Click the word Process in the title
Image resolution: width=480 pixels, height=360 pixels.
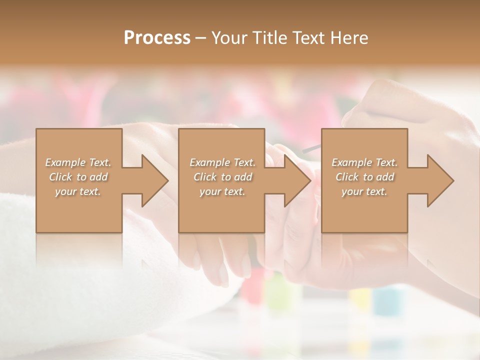157,38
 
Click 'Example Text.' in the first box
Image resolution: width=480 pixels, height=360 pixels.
78,162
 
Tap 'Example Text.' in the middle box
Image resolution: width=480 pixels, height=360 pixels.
222,162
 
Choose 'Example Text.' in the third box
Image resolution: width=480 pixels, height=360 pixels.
364,162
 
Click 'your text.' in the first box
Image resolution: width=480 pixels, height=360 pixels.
78,191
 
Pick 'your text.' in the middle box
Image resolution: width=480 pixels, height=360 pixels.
222,191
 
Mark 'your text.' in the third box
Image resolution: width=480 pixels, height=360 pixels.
364,191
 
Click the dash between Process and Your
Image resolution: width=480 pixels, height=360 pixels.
200,38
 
